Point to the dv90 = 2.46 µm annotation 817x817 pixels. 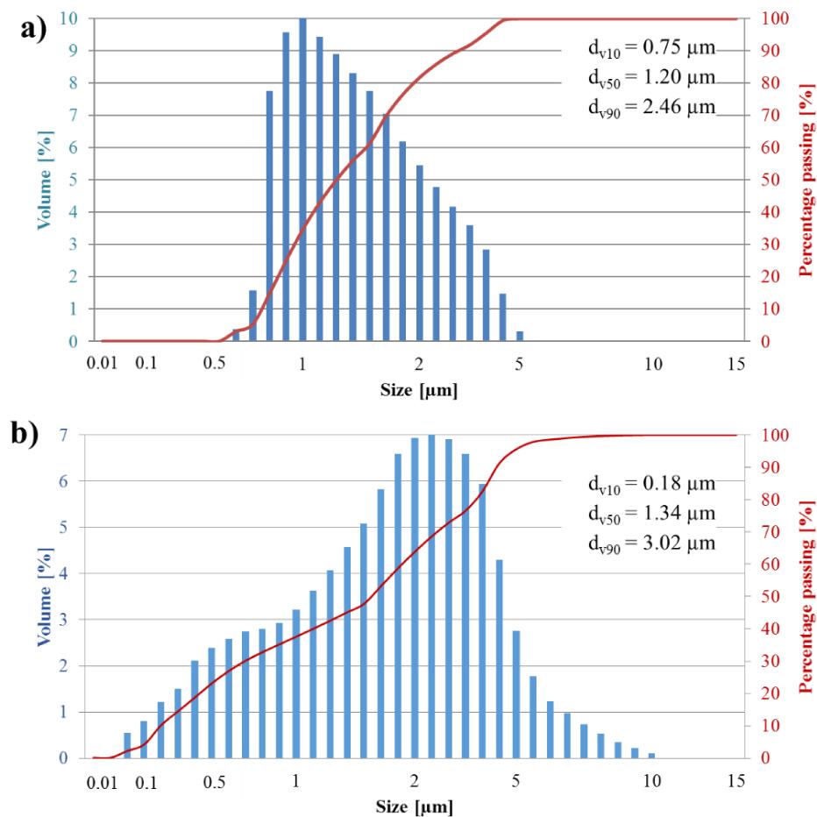coord(650,108)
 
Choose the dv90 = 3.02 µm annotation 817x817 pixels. coord(650,542)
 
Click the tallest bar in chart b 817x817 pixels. coord(430,596)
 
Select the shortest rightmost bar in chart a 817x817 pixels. coord(520,337)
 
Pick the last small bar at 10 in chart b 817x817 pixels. coord(651,756)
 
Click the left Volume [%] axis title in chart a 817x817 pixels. coord(44,180)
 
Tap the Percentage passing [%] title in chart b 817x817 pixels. coord(805,596)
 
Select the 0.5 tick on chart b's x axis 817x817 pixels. coord(213,782)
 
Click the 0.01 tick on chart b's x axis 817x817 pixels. coord(109,782)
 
